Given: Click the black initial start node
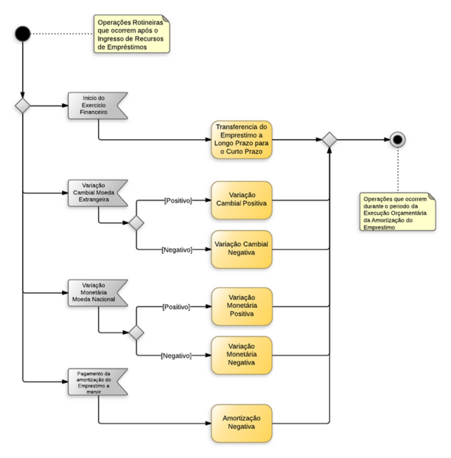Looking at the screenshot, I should pyautogui.click(x=22, y=34).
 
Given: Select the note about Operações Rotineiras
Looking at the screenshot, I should pyautogui.click(x=132, y=34).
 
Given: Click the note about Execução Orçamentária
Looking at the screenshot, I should pyautogui.click(x=397, y=212).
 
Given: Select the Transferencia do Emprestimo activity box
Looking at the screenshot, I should pyautogui.click(x=241, y=139).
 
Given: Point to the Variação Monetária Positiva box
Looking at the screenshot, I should pyautogui.click(x=241, y=306).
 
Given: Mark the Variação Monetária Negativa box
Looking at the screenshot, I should pyautogui.click(x=241, y=355).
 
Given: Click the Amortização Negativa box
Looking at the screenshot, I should pyautogui.click(x=241, y=424).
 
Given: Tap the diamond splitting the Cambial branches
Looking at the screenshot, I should pyautogui.click(x=136, y=223).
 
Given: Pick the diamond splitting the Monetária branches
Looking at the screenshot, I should pyautogui.click(x=136, y=333).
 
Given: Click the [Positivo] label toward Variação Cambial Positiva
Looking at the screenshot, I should pyautogui.click(x=177, y=200).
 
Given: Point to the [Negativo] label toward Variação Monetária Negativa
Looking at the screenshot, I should pyautogui.click(x=177, y=355).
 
